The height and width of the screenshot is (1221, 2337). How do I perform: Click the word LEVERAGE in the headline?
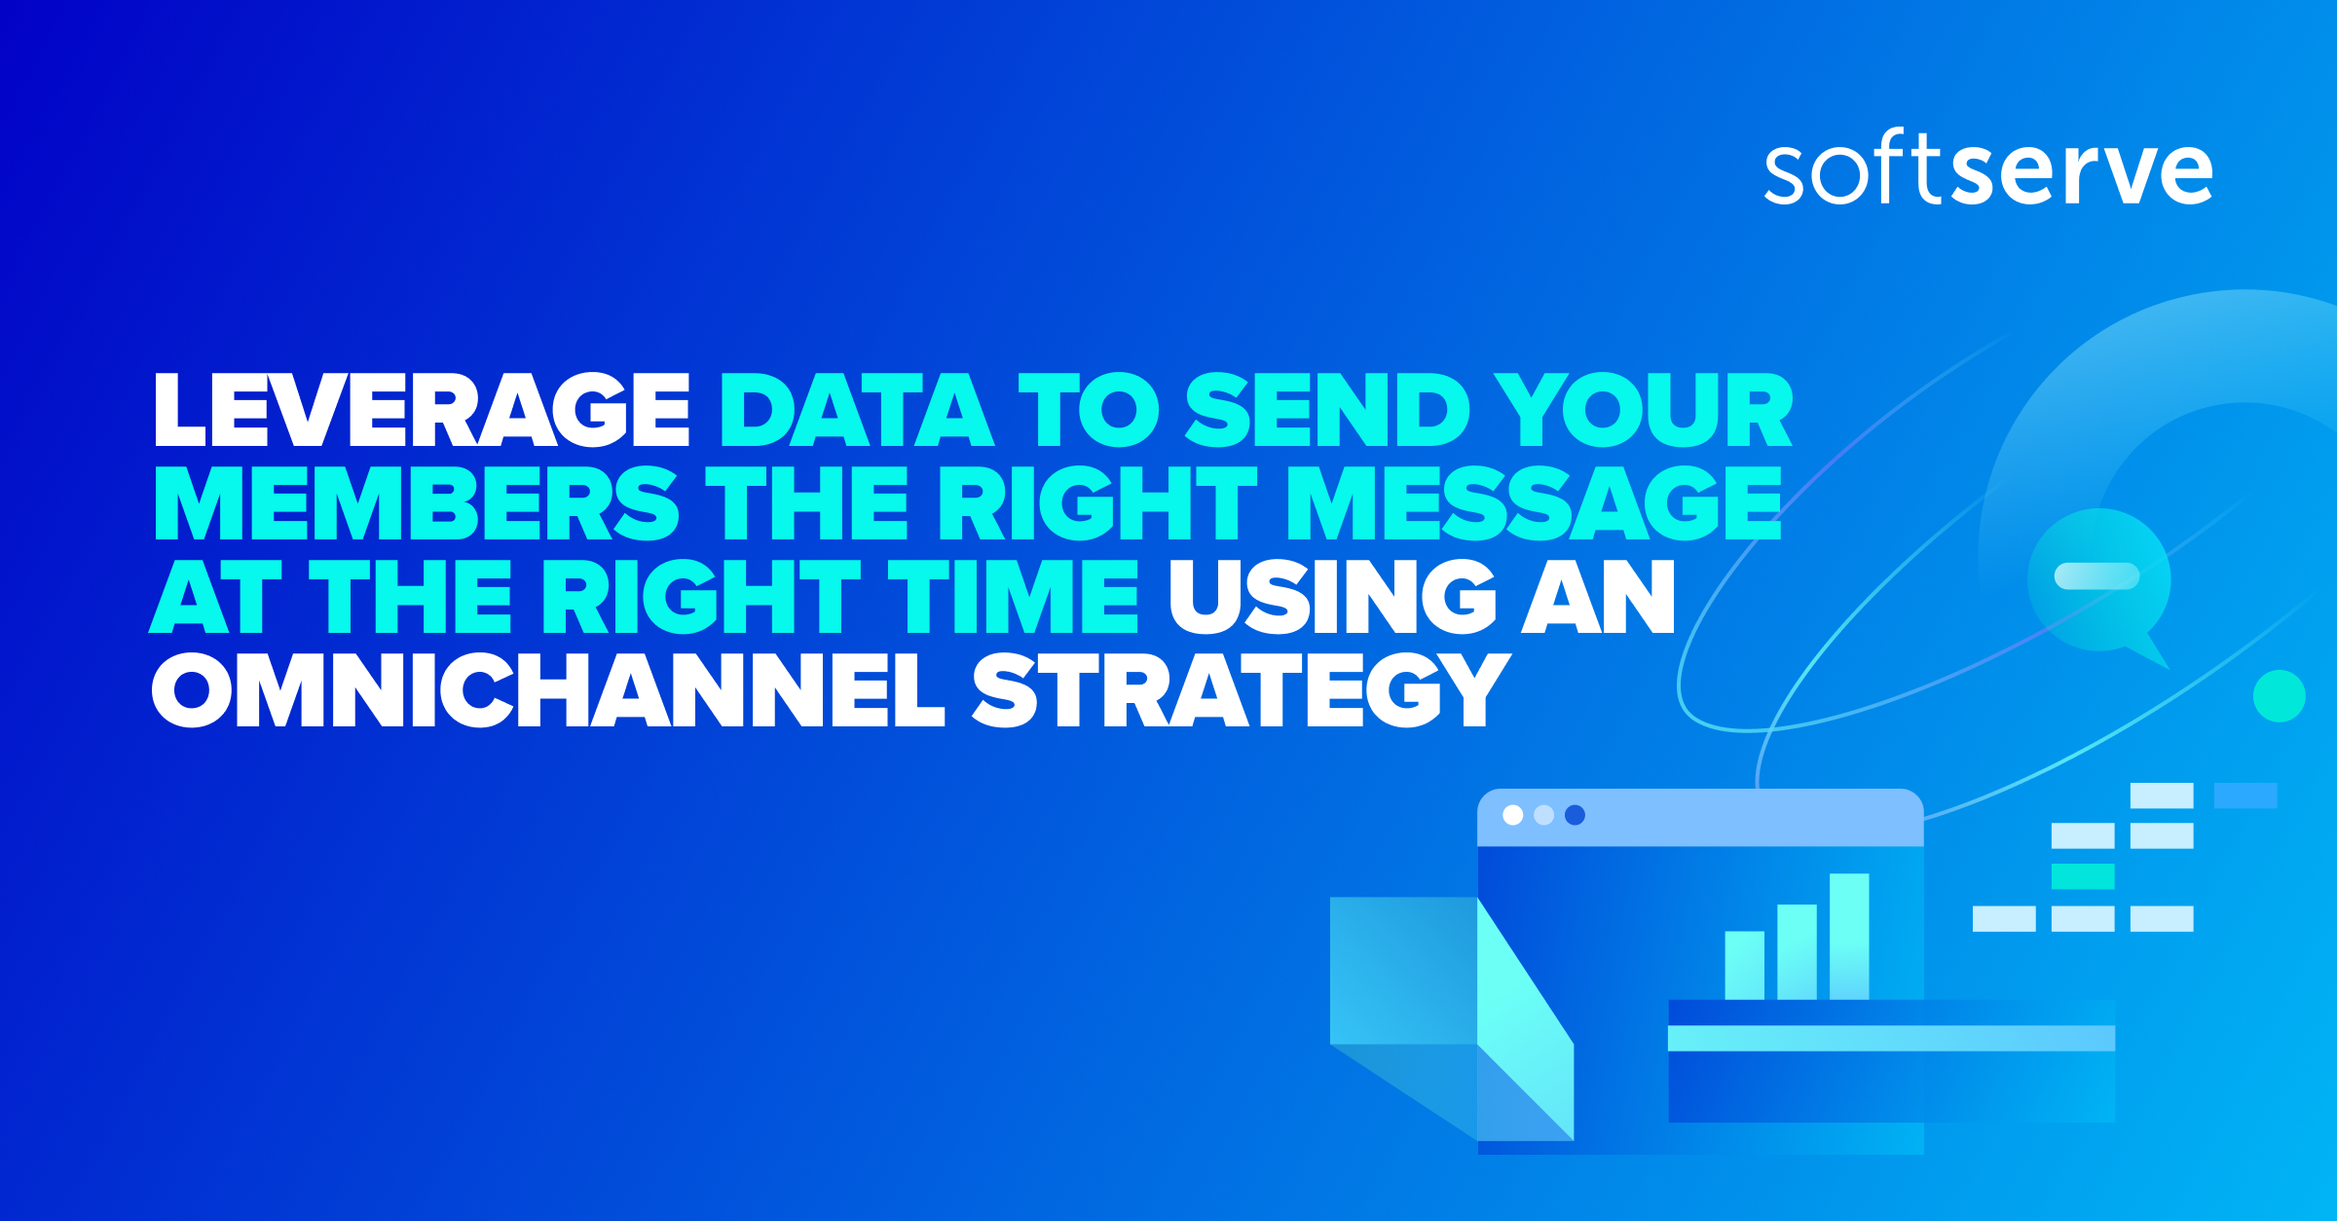tap(422, 411)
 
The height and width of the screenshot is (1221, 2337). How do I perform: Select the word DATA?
tap(856, 411)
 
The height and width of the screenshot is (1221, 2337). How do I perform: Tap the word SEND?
tap(1327, 411)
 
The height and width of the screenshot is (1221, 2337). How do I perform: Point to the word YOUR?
tap(1644, 411)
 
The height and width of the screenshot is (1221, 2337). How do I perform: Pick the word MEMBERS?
tap(416, 503)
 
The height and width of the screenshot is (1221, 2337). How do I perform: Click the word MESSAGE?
tap(1534, 503)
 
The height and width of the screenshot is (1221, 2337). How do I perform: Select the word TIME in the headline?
tap(1013, 596)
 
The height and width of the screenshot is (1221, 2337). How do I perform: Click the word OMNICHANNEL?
tap(548, 689)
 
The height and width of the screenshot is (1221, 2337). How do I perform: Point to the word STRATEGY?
tap(1242, 689)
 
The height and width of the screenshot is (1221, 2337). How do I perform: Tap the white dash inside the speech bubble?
tap(2096, 576)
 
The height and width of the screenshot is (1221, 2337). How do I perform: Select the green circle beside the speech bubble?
tap(2279, 696)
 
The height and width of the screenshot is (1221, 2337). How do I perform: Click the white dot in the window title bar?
tap(1513, 815)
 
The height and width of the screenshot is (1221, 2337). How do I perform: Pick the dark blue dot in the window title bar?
tap(1575, 815)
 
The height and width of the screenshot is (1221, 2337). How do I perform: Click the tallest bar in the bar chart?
tap(1849, 936)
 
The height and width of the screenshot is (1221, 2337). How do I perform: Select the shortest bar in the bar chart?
tap(1744, 965)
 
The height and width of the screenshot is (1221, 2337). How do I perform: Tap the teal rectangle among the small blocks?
tap(2083, 876)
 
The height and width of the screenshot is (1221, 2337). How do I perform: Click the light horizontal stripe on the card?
tap(1891, 1038)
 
